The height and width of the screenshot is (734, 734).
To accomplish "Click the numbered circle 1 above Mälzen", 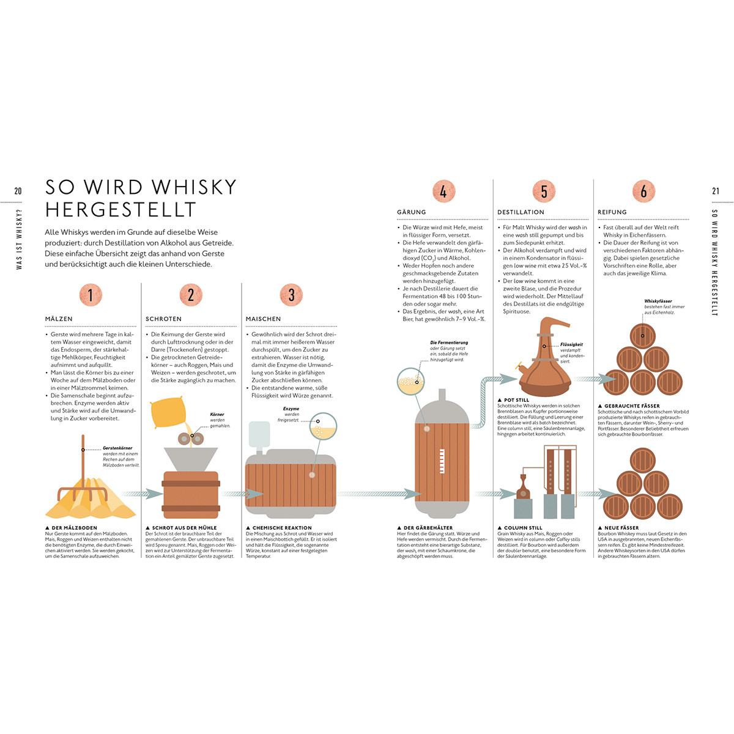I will point(91,295).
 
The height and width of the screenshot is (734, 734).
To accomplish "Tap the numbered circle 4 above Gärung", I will point(443,191).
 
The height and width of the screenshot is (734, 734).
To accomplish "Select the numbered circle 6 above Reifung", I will point(643,191).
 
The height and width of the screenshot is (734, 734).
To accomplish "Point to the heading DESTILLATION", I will point(521,212).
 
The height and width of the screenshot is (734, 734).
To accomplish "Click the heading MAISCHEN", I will point(264,319).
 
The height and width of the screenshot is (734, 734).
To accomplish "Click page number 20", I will point(18,191).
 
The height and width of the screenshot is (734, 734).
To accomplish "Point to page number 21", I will point(716,191).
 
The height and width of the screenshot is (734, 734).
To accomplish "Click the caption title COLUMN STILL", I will point(523,527).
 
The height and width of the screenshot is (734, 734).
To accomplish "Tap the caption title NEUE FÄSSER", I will point(621,527).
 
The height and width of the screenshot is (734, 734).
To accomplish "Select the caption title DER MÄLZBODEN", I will point(74,527).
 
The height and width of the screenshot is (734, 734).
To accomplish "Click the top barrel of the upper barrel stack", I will point(642,336).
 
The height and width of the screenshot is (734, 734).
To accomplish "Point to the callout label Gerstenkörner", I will point(117,448).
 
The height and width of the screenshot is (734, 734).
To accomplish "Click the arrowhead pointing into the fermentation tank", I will point(408,494).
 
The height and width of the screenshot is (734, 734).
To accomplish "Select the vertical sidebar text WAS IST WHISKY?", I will point(18,239).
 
